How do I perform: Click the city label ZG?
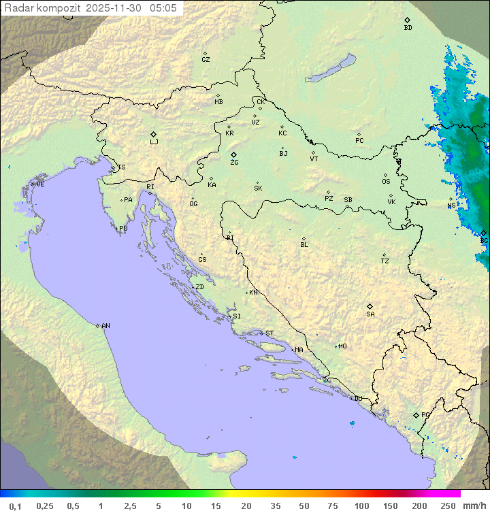(x=234, y=163)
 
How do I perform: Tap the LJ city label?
(x=154, y=142)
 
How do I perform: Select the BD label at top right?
(x=408, y=28)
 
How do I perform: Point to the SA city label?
(x=370, y=314)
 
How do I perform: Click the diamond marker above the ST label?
(x=262, y=333)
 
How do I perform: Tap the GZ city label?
(x=206, y=60)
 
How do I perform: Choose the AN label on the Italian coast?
(x=105, y=326)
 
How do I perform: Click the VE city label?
(x=40, y=184)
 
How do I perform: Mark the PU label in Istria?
(x=123, y=229)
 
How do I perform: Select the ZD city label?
(x=199, y=287)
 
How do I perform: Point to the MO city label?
(x=342, y=346)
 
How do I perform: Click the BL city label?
(x=304, y=245)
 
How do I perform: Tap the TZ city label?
(x=385, y=261)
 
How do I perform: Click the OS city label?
(x=386, y=182)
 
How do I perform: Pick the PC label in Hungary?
(x=359, y=141)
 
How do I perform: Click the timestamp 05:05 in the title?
(x=163, y=8)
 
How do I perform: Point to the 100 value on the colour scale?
(x=361, y=506)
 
